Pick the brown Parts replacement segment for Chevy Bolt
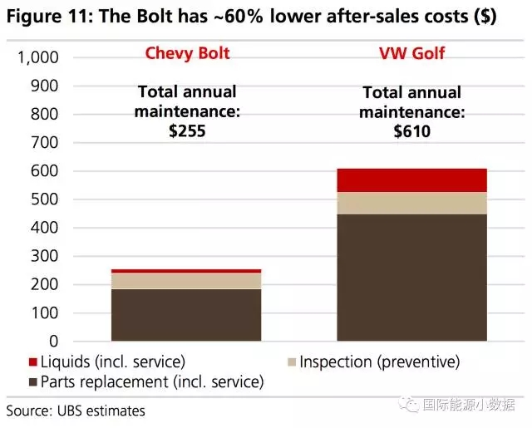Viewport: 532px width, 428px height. (x=186, y=315)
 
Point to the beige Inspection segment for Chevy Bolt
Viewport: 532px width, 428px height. (x=186, y=281)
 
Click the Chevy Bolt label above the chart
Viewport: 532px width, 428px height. (x=187, y=53)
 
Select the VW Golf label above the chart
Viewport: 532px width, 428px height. (x=411, y=53)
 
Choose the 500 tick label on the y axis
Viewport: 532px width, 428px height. (x=45, y=199)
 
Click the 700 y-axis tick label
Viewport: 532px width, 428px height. (x=45, y=143)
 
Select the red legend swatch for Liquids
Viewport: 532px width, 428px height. (x=32, y=363)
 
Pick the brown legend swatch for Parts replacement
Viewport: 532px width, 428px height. (x=32, y=383)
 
